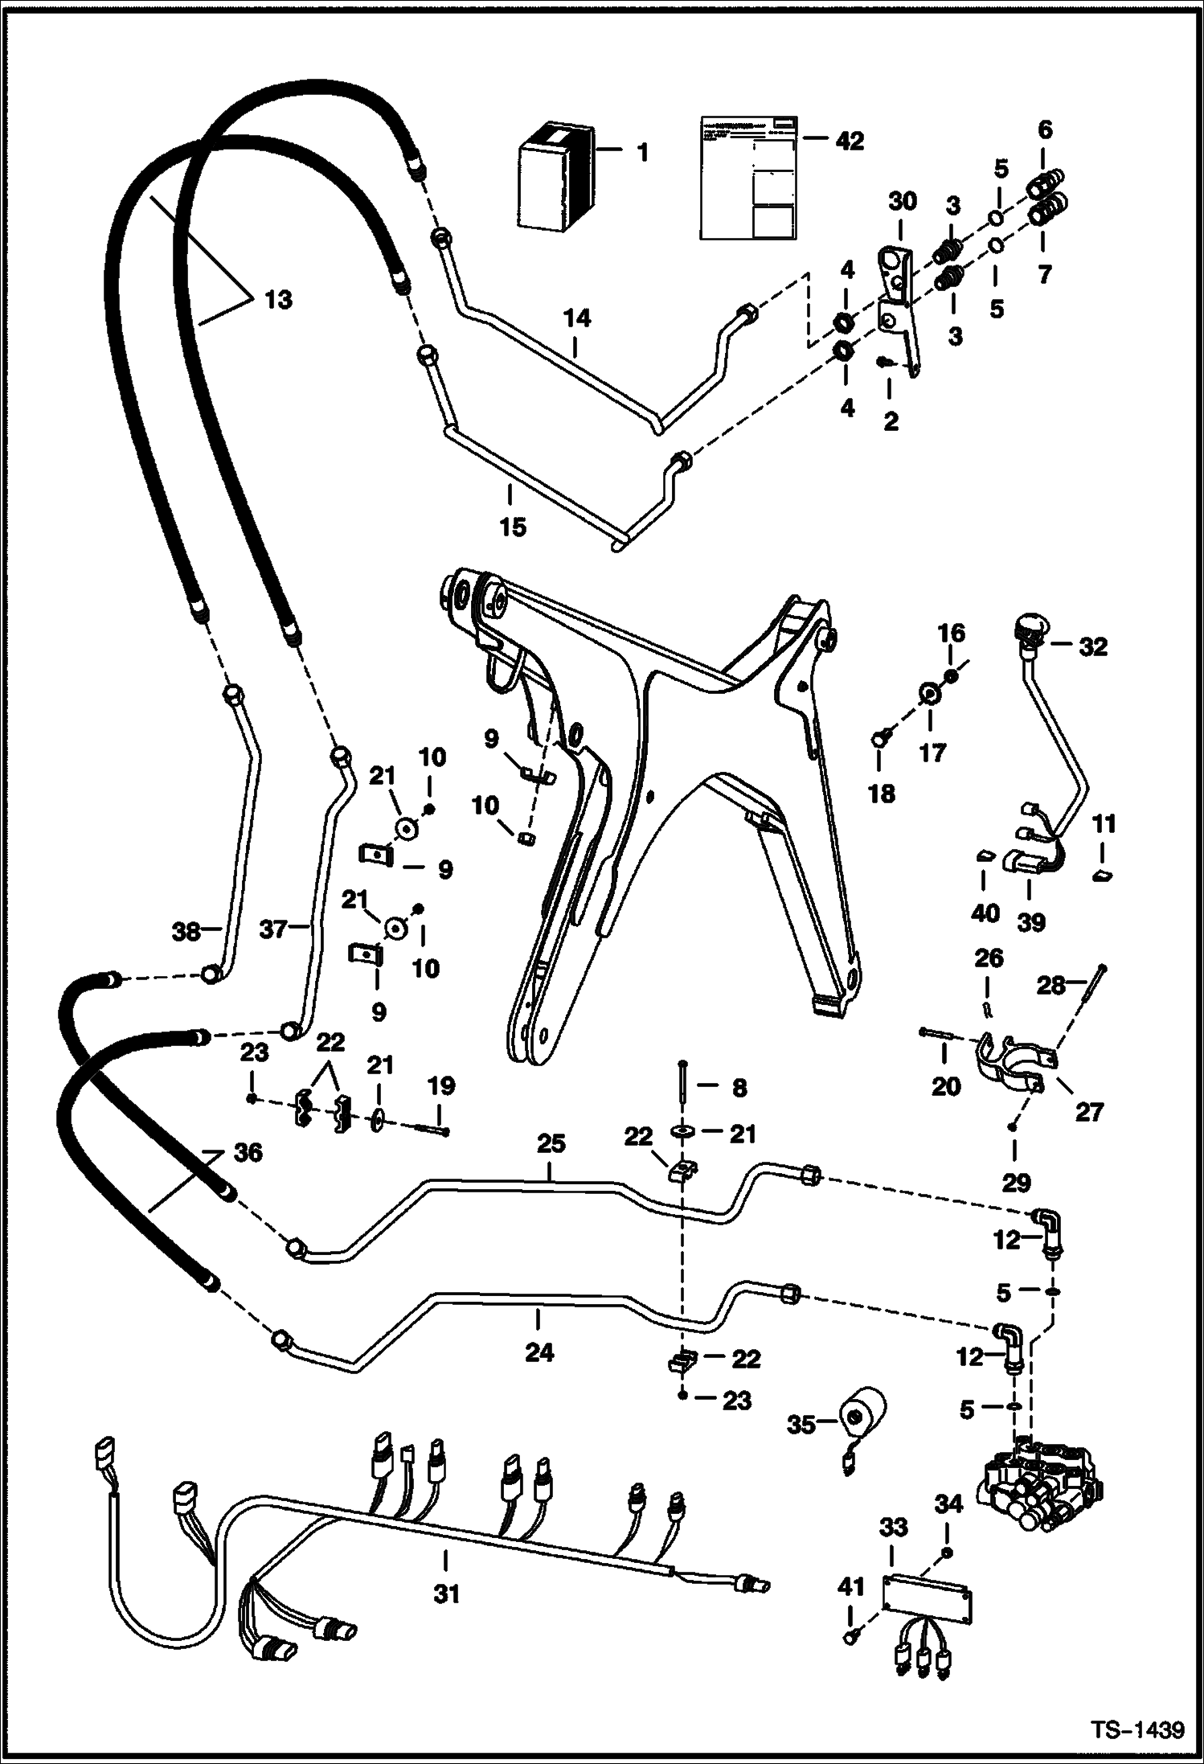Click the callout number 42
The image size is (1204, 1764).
click(849, 141)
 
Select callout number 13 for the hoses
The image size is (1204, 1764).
click(278, 301)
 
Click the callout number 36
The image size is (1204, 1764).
click(247, 1153)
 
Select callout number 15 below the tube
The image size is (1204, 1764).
click(512, 527)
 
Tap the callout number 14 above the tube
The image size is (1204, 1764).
click(577, 319)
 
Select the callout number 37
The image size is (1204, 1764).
click(274, 930)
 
